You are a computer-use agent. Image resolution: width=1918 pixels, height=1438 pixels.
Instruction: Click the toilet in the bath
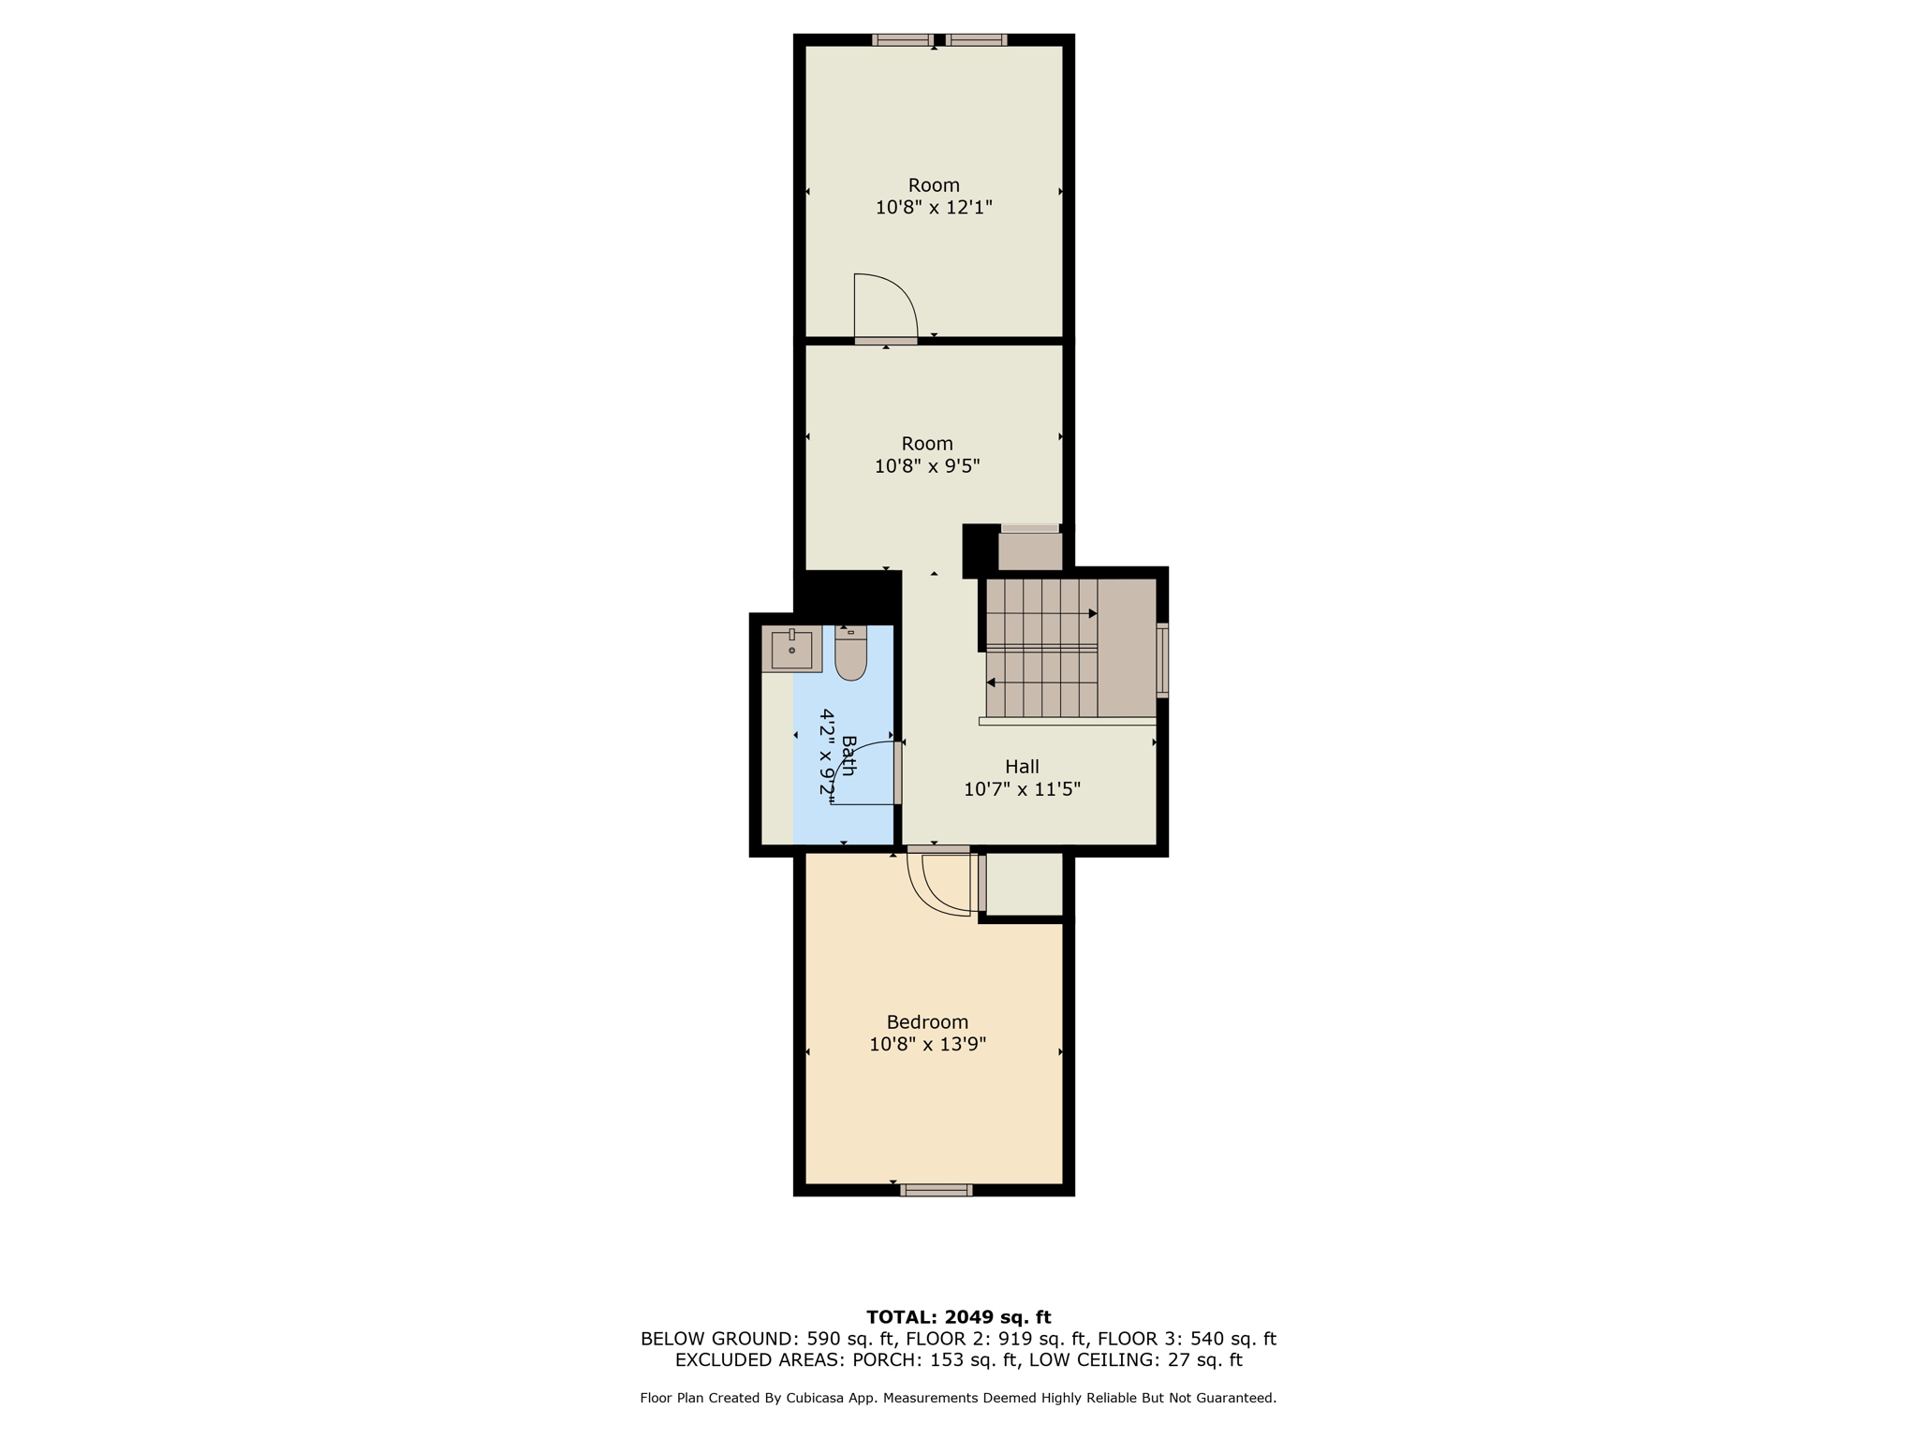pyautogui.click(x=850, y=653)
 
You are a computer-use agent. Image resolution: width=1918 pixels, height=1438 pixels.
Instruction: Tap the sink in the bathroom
pyautogui.click(x=791, y=649)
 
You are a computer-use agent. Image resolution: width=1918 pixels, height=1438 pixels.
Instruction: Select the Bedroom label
pyautogui.click(x=927, y=1022)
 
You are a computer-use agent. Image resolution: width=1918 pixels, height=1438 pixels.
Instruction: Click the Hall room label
pyautogui.click(x=1022, y=767)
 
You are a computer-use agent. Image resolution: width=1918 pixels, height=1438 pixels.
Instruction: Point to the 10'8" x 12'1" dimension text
pyautogui.click(x=934, y=208)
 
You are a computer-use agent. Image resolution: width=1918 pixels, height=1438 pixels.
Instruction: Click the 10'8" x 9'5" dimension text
pyautogui.click(x=927, y=466)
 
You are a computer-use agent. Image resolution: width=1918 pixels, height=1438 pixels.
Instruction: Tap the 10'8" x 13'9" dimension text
pyautogui.click(x=927, y=1045)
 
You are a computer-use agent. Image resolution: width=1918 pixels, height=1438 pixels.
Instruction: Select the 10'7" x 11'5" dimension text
pyautogui.click(x=1022, y=789)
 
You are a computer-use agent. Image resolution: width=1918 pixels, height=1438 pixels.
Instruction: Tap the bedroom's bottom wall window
pyautogui.click(x=936, y=1190)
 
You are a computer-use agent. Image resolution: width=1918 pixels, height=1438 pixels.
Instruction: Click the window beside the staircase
pyautogui.click(x=1162, y=660)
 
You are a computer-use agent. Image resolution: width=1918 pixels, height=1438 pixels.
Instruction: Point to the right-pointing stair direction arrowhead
pyautogui.click(x=1093, y=614)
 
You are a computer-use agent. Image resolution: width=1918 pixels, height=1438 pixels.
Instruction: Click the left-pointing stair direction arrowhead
pyautogui.click(x=991, y=682)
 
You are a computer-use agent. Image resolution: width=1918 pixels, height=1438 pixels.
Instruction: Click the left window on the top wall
pyautogui.click(x=902, y=40)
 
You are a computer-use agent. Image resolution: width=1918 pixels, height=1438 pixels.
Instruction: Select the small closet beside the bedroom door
pyautogui.click(x=1025, y=884)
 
